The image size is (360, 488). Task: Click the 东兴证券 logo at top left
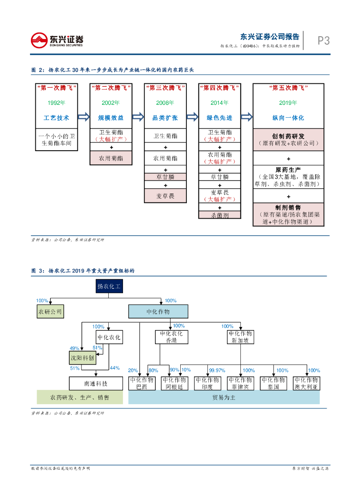(57, 40)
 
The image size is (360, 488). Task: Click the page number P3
(324, 41)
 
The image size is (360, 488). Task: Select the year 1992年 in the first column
(56, 102)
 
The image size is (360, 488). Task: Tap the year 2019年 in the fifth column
(288, 102)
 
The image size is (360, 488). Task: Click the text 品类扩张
(165, 117)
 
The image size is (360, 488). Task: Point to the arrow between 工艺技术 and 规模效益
(83, 117)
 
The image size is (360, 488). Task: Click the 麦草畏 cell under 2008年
(165, 196)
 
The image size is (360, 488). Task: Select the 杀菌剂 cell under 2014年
(219, 215)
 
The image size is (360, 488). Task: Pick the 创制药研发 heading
(288, 136)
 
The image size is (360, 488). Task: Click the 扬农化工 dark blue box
(109, 286)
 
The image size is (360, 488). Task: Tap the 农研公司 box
(50, 312)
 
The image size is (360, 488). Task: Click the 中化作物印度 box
(207, 384)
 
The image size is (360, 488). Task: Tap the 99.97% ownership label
(217, 370)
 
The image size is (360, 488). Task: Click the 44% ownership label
(114, 368)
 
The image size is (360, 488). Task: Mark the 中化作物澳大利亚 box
(306, 384)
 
